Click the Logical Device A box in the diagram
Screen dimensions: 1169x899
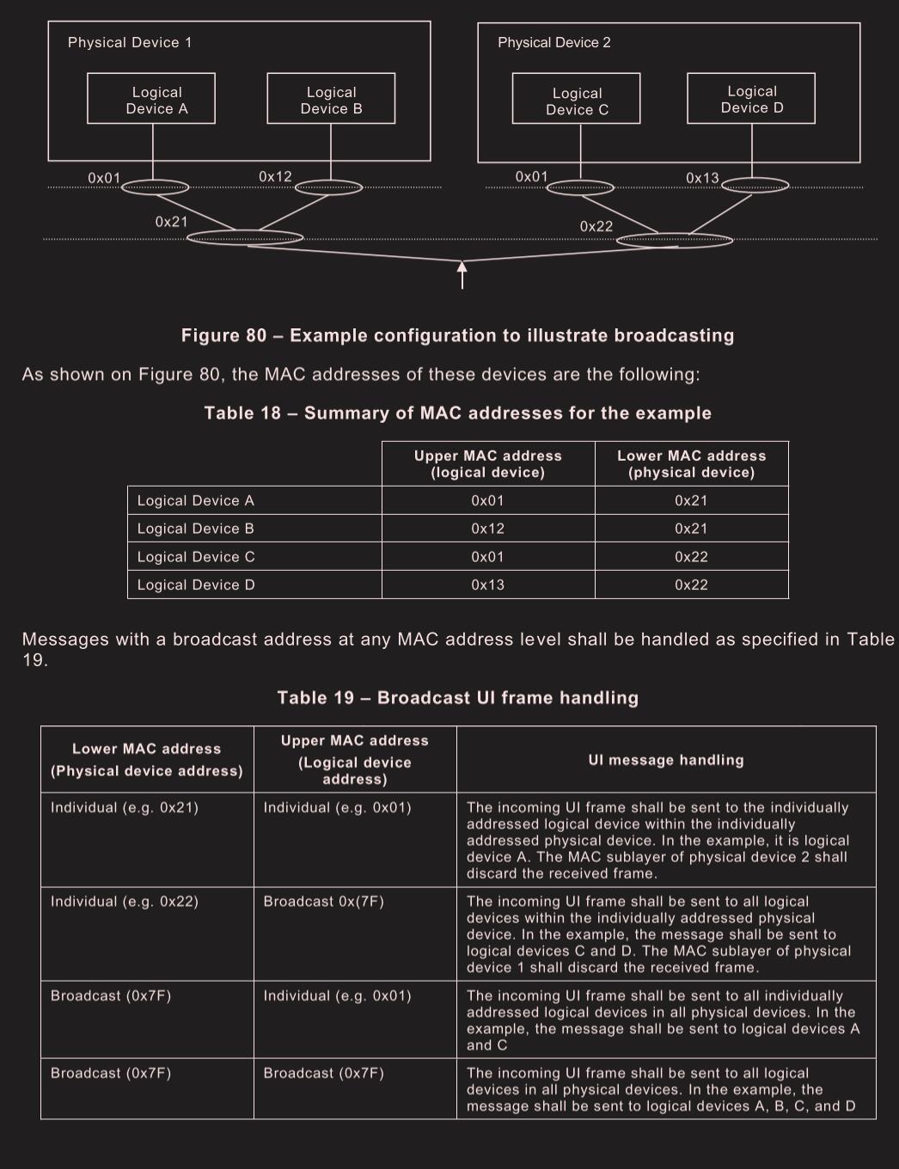151,99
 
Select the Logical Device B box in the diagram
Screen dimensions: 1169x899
331,99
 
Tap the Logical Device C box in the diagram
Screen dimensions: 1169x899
576,100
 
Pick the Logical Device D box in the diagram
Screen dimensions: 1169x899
751,99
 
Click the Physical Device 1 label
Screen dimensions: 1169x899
130,42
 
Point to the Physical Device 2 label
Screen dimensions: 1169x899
554,42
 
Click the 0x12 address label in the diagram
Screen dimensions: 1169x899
275,176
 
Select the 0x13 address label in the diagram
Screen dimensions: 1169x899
702,178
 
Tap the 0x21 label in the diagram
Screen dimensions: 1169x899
171,222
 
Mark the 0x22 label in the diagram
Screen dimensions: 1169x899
596,226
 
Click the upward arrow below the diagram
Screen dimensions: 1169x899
462,275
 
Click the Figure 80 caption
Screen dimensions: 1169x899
457,335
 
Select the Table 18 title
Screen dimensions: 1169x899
457,413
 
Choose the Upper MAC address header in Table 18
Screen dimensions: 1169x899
488,464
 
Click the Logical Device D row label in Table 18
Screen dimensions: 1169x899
196,584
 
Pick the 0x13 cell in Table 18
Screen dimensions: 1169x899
487,584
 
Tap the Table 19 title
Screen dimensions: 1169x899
457,697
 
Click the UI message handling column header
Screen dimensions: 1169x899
666,760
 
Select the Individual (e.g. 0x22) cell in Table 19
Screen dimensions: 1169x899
125,901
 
